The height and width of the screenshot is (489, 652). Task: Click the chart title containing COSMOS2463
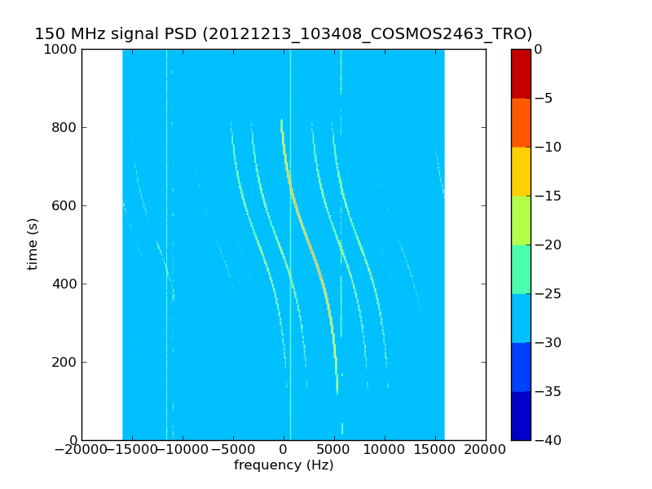[283, 34]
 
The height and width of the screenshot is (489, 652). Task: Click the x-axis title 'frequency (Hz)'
[284, 465]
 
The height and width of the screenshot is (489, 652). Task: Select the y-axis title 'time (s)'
[33, 244]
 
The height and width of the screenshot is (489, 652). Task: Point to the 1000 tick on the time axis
[62, 50]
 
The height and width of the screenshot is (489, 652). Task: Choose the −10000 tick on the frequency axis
[182, 451]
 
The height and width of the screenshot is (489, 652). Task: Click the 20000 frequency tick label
[486, 451]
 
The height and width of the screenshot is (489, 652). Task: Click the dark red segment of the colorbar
[521, 73]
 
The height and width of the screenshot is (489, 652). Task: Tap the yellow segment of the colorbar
[521, 171]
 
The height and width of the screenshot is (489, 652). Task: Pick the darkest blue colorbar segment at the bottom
[521, 416]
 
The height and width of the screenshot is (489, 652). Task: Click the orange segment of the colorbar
[521, 122]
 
